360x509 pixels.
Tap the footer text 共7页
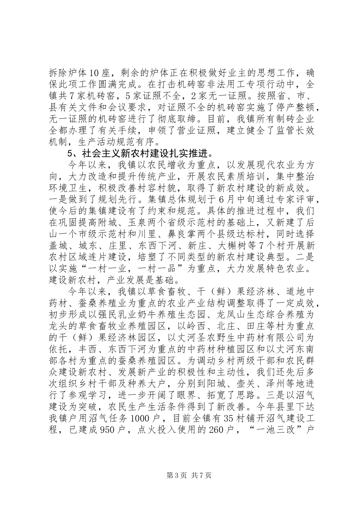coord(202,476)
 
